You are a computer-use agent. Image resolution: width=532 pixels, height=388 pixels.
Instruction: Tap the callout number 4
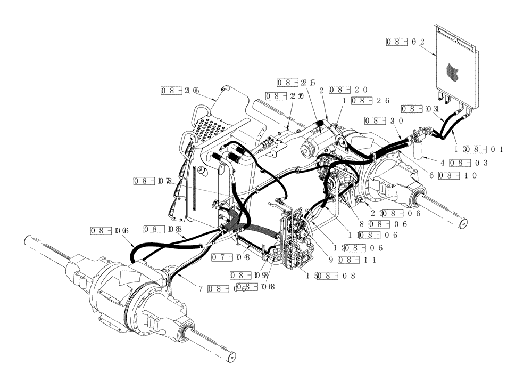pos(443,163)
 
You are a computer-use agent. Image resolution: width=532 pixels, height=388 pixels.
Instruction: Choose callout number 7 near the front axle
pos(201,288)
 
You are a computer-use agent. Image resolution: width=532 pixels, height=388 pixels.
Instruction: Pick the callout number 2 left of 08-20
pos(322,90)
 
